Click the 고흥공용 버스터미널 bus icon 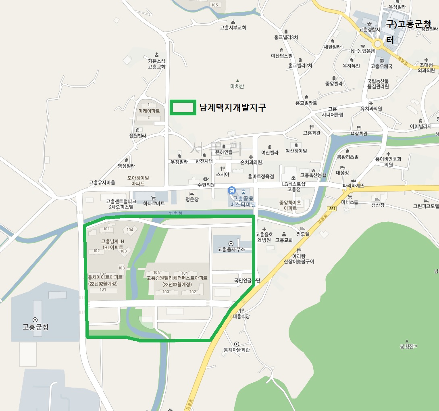(x=232, y=190)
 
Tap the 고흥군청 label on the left (x=35, y=326)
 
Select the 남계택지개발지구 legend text (x=233, y=108)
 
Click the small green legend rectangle (x=183, y=108)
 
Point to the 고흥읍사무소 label (x=231, y=249)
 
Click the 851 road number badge (x=332, y=209)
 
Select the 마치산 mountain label (x=237, y=86)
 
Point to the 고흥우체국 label (x=381, y=66)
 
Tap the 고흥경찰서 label (x=369, y=29)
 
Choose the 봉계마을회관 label (x=237, y=350)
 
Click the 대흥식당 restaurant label (x=241, y=316)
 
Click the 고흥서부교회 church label (x=233, y=28)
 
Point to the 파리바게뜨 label (x=353, y=186)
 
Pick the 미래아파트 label (x=149, y=111)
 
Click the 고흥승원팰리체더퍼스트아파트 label (x=177, y=278)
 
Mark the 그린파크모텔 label (x=426, y=205)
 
